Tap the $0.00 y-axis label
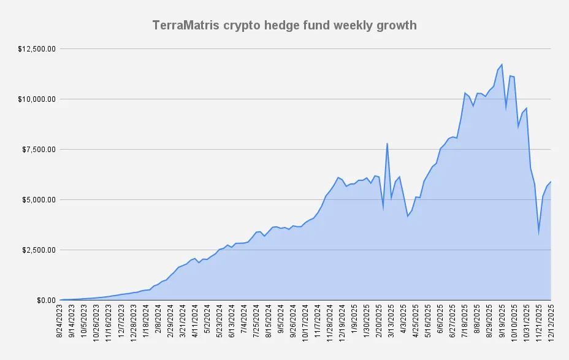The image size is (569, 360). [47, 300]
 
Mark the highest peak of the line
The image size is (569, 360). [502, 64]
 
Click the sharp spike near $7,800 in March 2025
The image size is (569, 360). [387, 144]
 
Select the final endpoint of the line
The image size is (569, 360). [551, 182]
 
